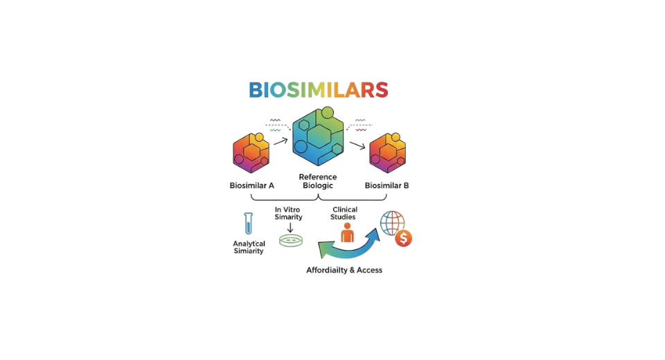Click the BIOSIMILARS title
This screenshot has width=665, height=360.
tap(318, 90)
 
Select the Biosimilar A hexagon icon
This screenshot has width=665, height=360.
tap(251, 152)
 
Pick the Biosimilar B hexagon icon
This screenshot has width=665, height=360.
tap(387, 152)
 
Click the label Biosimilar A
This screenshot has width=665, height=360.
tap(252, 186)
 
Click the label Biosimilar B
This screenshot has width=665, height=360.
tap(387, 186)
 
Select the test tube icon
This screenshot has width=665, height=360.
tap(249, 223)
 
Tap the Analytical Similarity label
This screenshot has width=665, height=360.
tap(249, 247)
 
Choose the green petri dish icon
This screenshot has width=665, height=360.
tap(291, 241)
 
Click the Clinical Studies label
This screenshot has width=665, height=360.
tap(344, 213)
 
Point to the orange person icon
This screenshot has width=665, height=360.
tap(347, 232)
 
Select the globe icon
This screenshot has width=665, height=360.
tap(392, 223)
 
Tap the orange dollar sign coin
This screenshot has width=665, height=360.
tap(403, 239)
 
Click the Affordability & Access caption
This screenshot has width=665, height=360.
tap(344, 270)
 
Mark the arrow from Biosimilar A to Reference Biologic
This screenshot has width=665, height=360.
tap(281, 141)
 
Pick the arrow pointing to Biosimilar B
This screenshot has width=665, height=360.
tap(357, 145)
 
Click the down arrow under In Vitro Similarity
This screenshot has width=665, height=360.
tap(290, 227)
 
